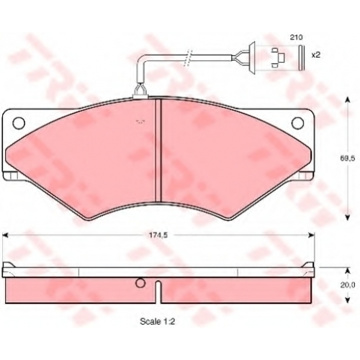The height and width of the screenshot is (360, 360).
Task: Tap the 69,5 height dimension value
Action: [346, 158]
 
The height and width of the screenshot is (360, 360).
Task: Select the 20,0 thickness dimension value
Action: [348, 285]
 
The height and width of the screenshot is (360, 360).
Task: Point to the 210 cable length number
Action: [296, 37]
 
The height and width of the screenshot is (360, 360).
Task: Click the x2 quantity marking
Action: [316, 55]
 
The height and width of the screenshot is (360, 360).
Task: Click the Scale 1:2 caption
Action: [158, 321]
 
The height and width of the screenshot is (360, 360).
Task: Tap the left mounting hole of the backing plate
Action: [19, 123]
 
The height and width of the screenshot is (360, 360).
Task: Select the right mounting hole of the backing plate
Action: [297, 123]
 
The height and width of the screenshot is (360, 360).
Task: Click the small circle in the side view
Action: [140, 283]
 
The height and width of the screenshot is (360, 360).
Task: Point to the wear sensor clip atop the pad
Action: [140, 92]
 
